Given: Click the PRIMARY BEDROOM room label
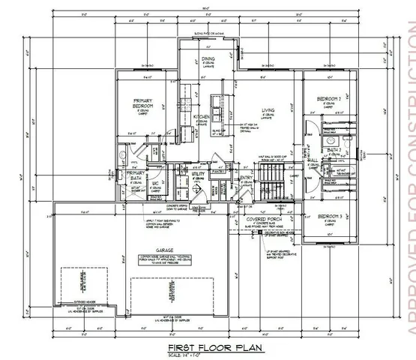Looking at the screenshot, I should pos(143,103).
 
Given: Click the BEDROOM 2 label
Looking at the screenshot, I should pos(331,99).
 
